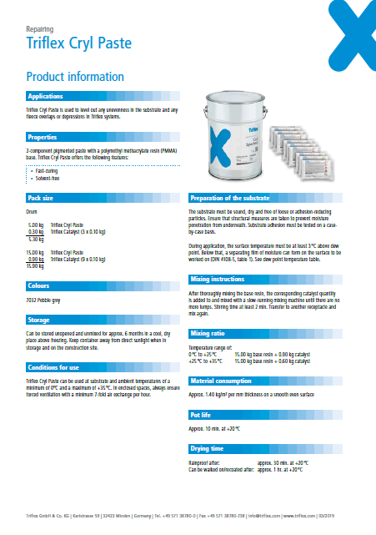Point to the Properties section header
click(43, 136)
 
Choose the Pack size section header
click(42, 198)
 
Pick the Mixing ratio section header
click(211, 309)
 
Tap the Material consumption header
click(225, 357)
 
